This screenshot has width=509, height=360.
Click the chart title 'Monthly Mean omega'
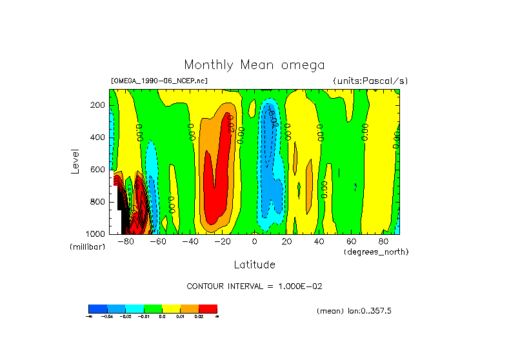click(254, 65)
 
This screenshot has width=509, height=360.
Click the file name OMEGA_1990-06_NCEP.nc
click(159, 81)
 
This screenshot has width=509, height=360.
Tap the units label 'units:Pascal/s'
click(370, 81)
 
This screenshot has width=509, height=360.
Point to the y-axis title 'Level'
click(76, 161)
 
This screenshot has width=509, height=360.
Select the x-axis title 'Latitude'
click(254, 265)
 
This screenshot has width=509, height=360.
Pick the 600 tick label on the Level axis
click(98, 170)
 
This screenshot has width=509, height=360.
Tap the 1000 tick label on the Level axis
click(96, 234)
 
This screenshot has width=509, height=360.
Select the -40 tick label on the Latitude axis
click(190, 242)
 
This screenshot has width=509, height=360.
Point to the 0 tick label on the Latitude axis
click(255, 242)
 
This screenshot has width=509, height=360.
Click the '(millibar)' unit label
click(87, 247)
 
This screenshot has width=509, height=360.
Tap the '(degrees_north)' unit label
click(376, 251)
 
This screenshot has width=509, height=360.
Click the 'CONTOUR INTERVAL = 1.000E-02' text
click(254, 286)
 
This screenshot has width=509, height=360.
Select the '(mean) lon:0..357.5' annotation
click(354, 311)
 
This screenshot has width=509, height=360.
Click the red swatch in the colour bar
click(208, 308)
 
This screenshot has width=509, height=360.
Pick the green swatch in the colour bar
click(153, 308)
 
